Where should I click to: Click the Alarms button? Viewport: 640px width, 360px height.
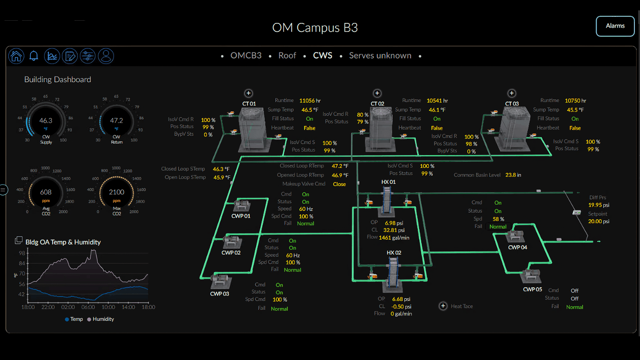click(615, 26)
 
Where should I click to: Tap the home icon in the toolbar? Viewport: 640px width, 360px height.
click(16, 56)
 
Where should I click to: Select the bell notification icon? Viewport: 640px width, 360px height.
click(34, 56)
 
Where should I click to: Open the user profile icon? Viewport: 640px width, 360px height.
click(106, 56)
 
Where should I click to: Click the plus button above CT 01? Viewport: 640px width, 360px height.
click(248, 93)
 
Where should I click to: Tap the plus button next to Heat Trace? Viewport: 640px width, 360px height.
click(443, 306)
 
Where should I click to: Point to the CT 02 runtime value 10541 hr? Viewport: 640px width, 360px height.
click(437, 101)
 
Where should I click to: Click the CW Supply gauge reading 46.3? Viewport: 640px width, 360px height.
click(46, 121)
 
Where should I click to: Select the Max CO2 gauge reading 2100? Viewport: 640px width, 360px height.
click(116, 192)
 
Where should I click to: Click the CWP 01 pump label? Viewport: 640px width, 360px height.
click(241, 216)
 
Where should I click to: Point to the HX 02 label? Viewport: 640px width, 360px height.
click(394, 253)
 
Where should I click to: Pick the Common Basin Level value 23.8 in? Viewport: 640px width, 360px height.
click(513, 175)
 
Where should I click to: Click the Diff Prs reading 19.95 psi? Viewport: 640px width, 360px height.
click(599, 205)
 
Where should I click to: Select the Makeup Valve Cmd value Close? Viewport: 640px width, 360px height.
click(339, 184)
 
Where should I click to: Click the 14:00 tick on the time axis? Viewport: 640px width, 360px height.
click(128, 307)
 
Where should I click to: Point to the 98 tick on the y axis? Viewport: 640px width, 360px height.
click(22, 253)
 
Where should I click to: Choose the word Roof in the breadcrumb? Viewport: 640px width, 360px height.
click(287, 56)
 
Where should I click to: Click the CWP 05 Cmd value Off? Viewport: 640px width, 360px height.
click(574, 291)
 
